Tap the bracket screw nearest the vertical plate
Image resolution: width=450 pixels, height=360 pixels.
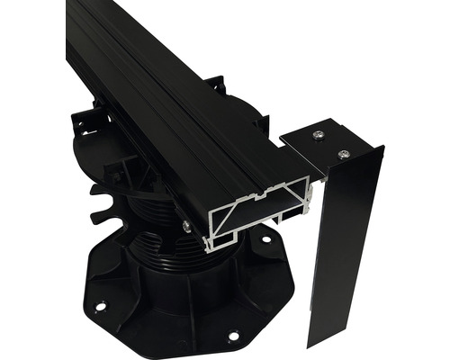[x=343, y=154]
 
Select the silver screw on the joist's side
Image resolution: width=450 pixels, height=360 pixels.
[x=186, y=226]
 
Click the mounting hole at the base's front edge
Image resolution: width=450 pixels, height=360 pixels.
[x=233, y=337]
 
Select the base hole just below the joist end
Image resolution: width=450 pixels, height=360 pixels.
[x=265, y=240]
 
